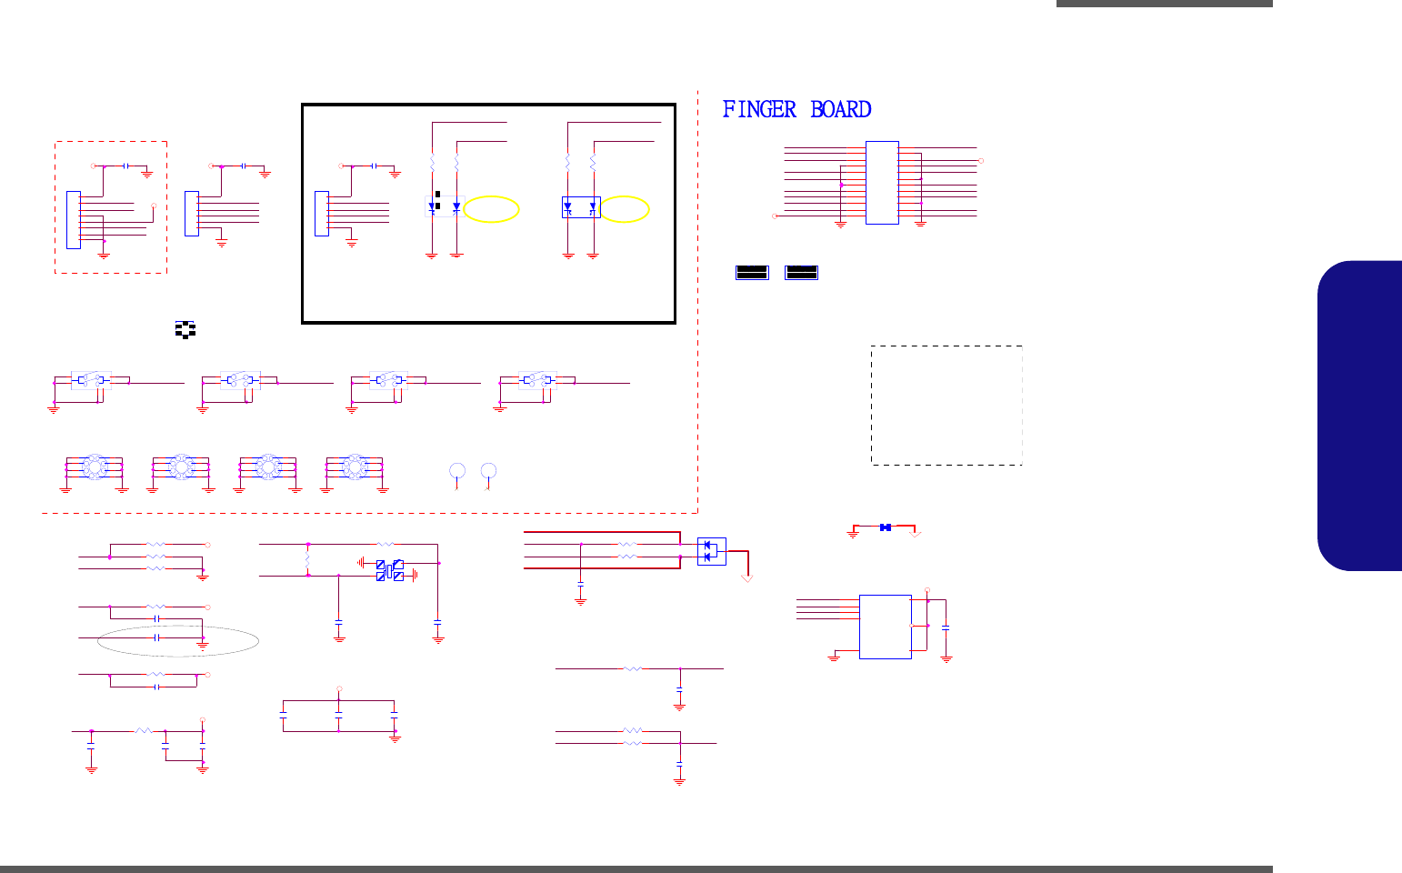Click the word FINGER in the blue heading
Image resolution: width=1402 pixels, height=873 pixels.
click(x=759, y=110)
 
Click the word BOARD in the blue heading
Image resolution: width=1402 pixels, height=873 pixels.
click(x=841, y=110)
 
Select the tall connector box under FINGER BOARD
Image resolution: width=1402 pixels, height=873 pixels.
click(x=882, y=182)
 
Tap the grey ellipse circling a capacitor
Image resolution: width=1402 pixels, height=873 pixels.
click(x=179, y=640)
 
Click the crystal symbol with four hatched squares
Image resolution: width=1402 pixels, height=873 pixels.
click(x=390, y=571)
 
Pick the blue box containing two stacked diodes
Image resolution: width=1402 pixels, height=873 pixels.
click(x=711, y=551)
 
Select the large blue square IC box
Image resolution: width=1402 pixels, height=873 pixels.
click(x=885, y=627)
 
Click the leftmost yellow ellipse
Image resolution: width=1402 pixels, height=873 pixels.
click(x=492, y=210)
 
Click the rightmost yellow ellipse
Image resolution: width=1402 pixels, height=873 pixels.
click(x=626, y=210)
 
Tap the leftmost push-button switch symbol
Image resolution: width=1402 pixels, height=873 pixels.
click(x=91, y=380)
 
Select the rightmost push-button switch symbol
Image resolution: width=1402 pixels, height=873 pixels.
click(x=536, y=380)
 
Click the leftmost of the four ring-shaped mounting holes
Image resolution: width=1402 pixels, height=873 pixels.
click(x=94, y=467)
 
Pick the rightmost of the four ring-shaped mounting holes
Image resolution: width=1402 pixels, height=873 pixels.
click(x=354, y=467)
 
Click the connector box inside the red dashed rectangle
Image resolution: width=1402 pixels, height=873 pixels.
click(x=74, y=219)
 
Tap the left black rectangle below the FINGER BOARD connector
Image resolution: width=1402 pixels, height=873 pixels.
click(x=752, y=272)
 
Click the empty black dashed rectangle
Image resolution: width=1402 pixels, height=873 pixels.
click(x=946, y=405)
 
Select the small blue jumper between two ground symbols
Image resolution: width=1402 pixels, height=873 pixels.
click(x=885, y=527)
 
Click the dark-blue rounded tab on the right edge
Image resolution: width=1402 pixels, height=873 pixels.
click(x=1359, y=416)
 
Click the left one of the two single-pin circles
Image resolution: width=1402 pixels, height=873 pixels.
click(x=457, y=470)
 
